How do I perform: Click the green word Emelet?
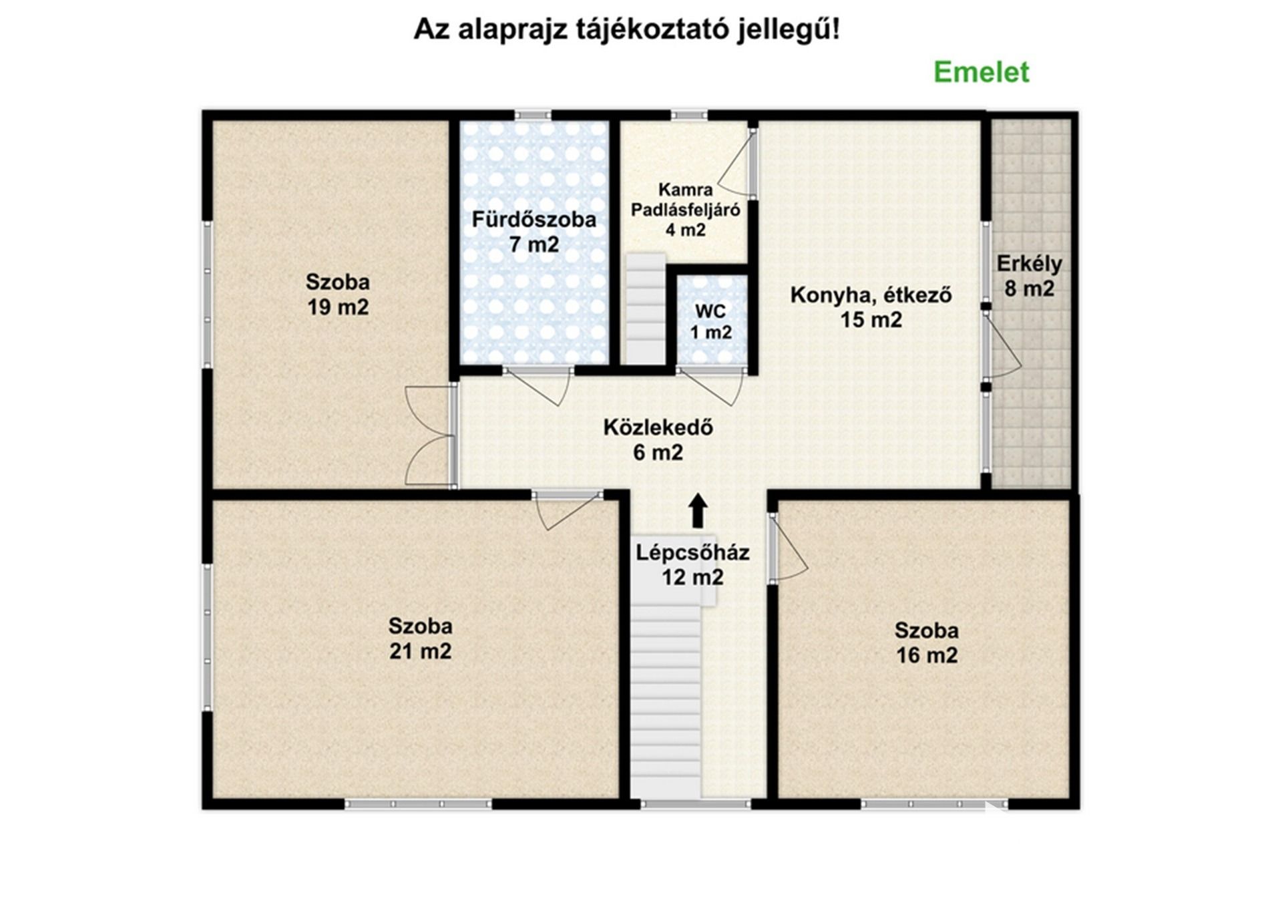coord(981,72)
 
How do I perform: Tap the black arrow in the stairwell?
coord(698,511)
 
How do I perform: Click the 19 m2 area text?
coord(338,307)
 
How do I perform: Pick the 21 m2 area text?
coord(420,651)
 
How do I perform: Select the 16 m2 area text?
coord(927,655)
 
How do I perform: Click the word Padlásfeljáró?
coord(685,210)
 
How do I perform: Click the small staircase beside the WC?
coord(645,309)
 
